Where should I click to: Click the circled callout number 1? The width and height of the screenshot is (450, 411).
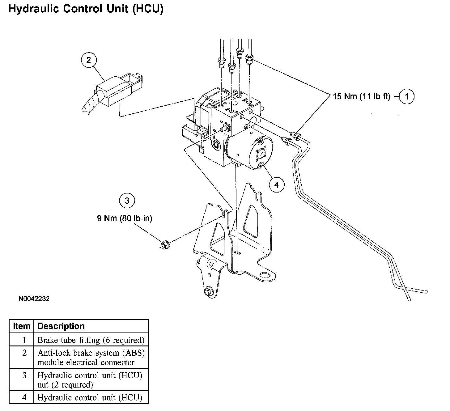[406, 96]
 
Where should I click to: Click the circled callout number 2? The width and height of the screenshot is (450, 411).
[89, 60]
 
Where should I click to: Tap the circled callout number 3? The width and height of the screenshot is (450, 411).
[127, 201]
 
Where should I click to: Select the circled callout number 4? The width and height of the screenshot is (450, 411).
[276, 185]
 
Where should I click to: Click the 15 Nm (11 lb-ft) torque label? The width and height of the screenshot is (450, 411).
[361, 96]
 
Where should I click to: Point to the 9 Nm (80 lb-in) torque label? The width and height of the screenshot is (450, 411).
[125, 218]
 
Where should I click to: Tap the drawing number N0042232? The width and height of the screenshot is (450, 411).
[34, 299]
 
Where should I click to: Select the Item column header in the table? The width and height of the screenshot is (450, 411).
[22, 326]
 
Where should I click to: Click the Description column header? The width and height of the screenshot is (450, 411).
[61, 326]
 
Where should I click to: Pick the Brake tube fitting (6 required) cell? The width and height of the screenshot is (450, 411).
[91, 340]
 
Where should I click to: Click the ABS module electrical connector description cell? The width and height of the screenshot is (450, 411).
[91, 357]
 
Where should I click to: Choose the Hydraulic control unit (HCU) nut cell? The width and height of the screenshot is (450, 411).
[90, 380]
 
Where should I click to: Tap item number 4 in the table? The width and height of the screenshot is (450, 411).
[24, 397]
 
